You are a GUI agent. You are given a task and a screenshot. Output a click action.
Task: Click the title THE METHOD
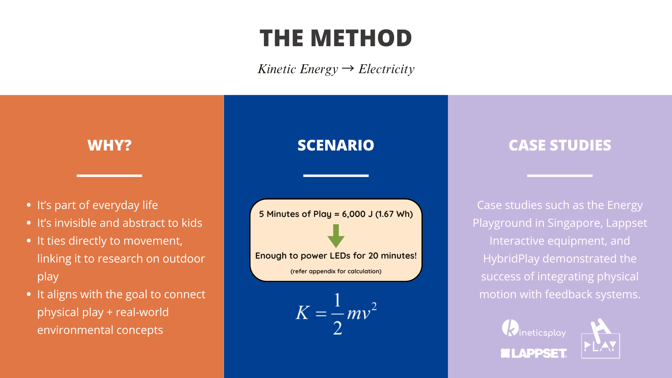[x=336, y=38]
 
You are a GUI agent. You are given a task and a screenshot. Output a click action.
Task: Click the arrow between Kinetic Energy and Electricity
[x=348, y=68]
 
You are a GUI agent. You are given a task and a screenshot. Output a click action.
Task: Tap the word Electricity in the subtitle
[x=386, y=69]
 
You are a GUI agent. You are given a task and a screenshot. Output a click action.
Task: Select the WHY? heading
[x=110, y=145]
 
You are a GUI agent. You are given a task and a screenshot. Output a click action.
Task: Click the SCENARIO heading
[x=336, y=145]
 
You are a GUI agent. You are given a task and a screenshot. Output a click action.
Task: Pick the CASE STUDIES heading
[x=560, y=145]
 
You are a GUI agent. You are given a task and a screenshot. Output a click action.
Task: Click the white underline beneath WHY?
[x=109, y=175]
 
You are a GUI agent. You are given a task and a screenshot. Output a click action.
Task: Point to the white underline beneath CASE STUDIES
[x=560, y=175]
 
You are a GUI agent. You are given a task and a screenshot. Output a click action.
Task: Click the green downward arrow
[x=336, y=236]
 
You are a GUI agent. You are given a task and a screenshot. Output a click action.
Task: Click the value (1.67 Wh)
[x=394, y=214]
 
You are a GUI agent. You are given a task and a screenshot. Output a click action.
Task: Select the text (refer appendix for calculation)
[x=336, y=271]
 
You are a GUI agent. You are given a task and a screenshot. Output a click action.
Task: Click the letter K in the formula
[x=303, y=312]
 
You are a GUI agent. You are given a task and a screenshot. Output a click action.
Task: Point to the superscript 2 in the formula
[x=374, y=306]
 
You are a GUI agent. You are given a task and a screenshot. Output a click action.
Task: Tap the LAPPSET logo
[x=534, y=353]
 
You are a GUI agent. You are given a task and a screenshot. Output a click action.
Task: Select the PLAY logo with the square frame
[x=601, y=338]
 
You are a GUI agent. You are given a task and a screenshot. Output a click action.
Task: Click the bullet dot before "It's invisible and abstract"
[x=29, y=223]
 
